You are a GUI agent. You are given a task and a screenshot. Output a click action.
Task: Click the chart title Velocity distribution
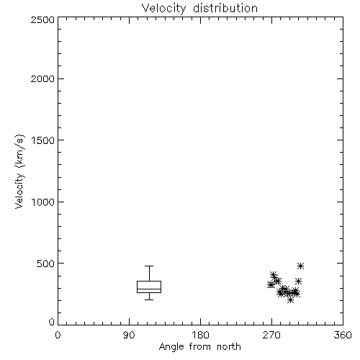pyautogui.click(x=199, y=8)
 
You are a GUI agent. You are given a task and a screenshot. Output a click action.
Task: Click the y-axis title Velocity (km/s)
pyautogui.click(x=19, y=171)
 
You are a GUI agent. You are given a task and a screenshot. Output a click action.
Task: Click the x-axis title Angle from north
pyautogui.click(x=199, y=347)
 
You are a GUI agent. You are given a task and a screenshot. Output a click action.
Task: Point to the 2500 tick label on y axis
pyautogui.click(x=42, y=19)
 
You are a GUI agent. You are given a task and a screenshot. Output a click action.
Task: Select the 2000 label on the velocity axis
pyautogui.click(x=42, y=78)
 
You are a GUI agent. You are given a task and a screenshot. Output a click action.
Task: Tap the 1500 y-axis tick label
pyautogui.click(x=43, y=140)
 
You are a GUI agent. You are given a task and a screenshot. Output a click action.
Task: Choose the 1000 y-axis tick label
pyautogui.click(x=43, y=202)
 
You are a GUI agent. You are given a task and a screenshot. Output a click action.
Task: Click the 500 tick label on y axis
pyautogui.click(x=45, y=264)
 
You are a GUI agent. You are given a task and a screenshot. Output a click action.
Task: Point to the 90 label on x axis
pyautogui.click(x=129, y=335)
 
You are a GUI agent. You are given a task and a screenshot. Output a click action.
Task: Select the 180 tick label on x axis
pyautogui.click(x=200, y=335)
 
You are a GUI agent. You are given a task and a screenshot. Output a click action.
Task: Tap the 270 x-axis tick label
pyautogui.click(x=271, y=335)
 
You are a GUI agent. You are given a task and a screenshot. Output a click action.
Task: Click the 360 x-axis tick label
pyautogui.click(x=343, y=335)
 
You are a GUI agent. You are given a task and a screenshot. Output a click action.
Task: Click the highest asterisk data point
pyautogui.click(x=300, y=266)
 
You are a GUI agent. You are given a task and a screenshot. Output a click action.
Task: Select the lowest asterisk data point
pyautogui.click(x=290, y=300)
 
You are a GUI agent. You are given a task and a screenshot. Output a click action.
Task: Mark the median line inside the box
pyautogui.click(x=149, y=289)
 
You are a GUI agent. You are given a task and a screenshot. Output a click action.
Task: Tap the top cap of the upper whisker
pyautogui.click(x=149, y=266)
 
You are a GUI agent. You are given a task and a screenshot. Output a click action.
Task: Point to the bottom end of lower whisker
pyautogui.click(x=149, y=300)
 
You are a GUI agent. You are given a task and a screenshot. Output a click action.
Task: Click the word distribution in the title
pyautogui.click(x=225, y=8)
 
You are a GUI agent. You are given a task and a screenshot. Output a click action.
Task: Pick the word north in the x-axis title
pyautogui.click(x=229, y=347)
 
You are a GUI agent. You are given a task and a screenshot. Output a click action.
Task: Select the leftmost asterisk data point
pyautogui.click(x=271, y=285)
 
